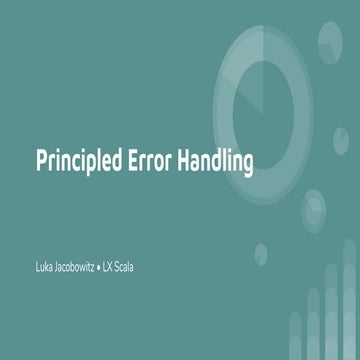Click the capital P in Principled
click(x=41, y=160)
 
